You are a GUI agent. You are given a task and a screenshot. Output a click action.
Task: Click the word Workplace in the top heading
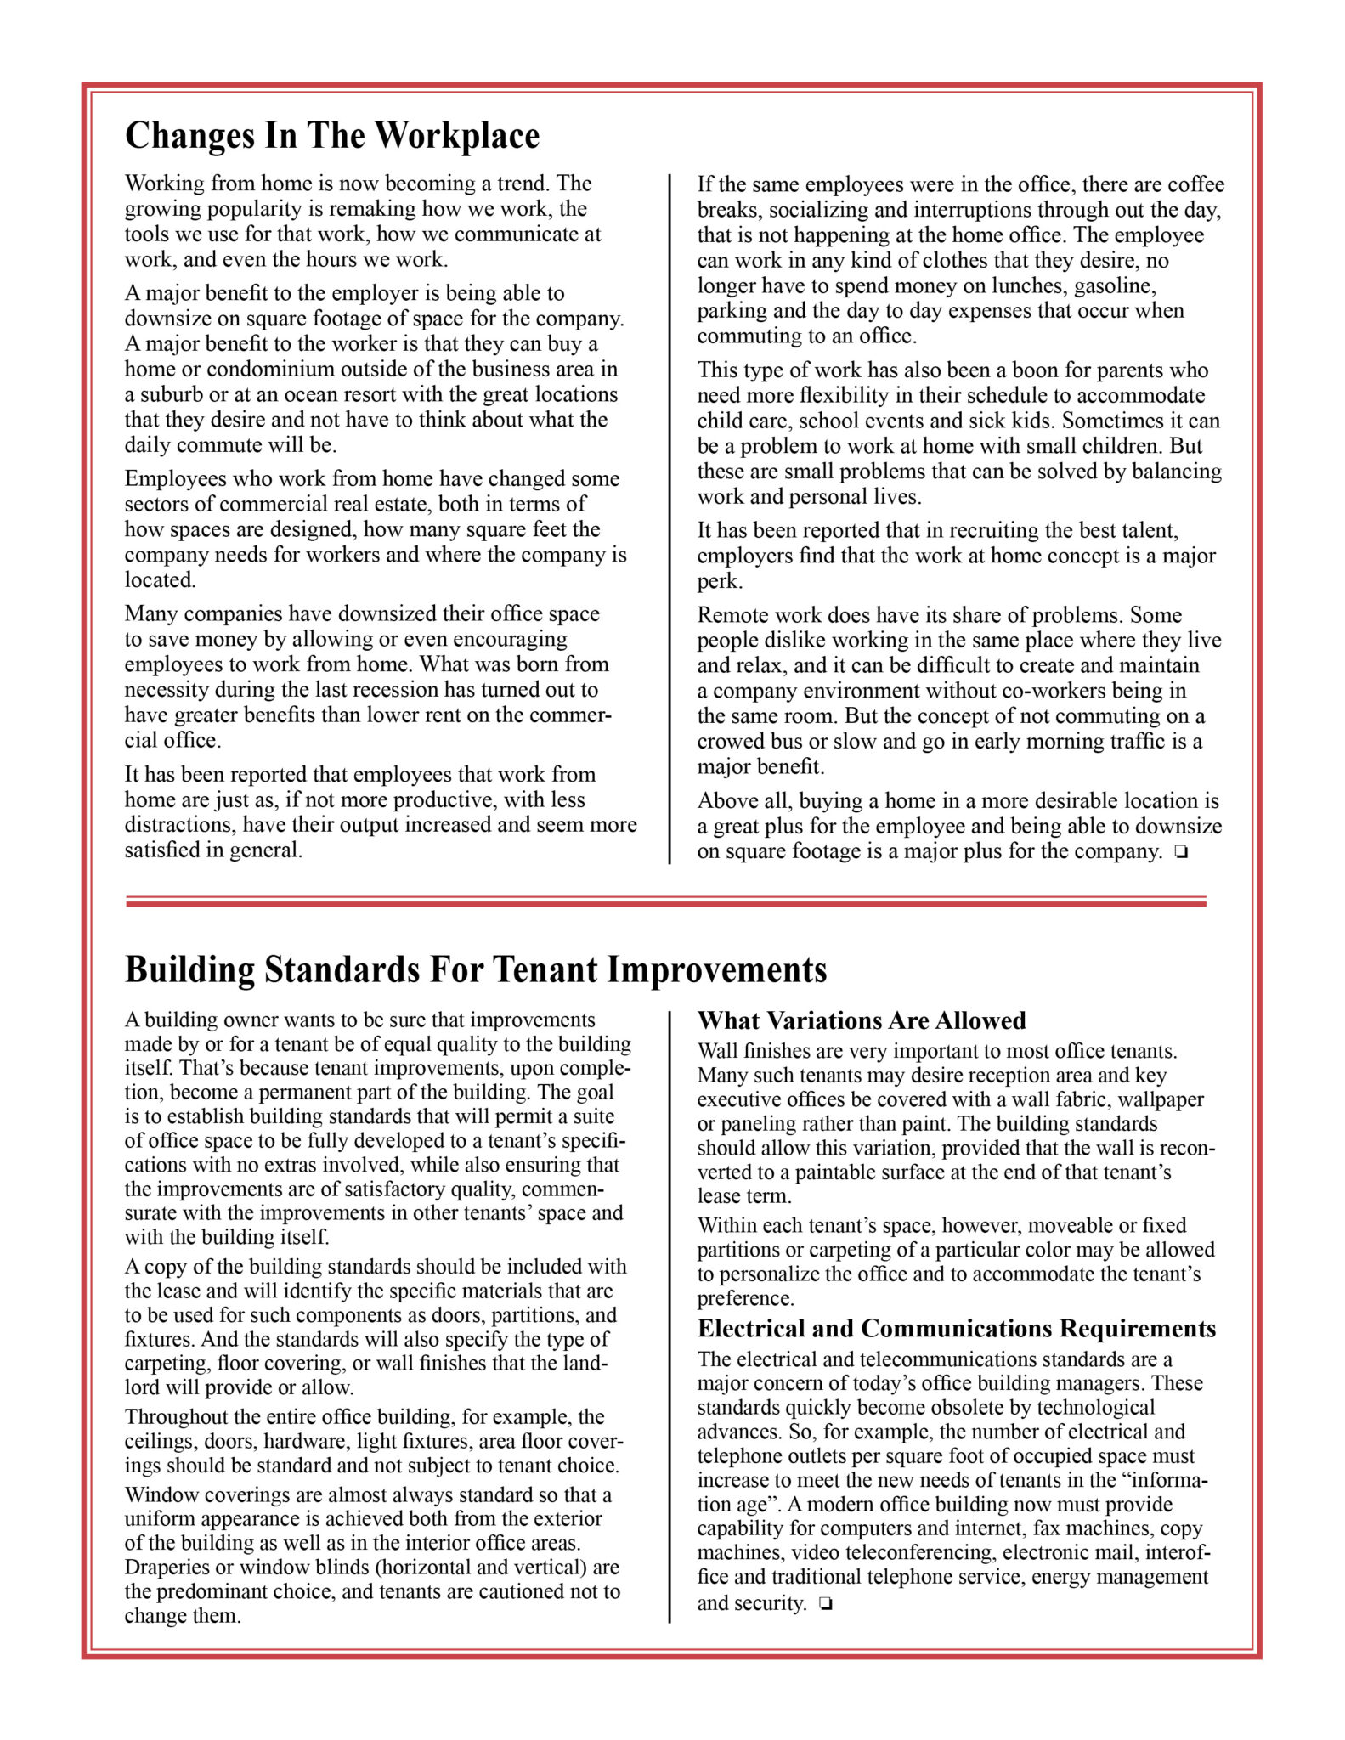[x=457, y=136]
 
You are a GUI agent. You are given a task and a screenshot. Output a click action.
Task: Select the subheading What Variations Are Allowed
[x=861, y=1020]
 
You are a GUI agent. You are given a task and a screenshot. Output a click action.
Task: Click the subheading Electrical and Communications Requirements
[x=956, y=1328]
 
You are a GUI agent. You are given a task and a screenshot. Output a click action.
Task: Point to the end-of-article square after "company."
[x=1180, y=852]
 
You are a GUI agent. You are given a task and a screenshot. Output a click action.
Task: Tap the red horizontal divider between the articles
[x=665, y=901]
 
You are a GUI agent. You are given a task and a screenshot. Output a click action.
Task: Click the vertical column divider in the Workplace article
[x=670, y=518]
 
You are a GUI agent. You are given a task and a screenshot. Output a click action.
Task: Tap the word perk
[x=719, y=582]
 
